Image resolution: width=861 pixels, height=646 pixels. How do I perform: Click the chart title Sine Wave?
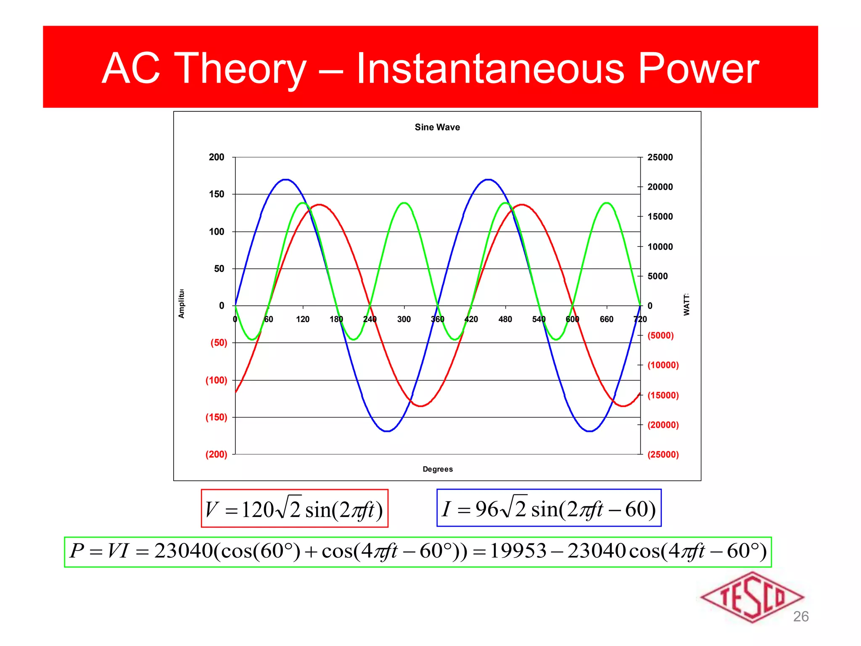pyautogui.click(x=437, y=127)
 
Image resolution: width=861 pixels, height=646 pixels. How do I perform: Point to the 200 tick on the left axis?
pyautogui.click(x=217, y=157)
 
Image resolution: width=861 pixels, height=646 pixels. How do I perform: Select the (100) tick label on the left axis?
pyautogui.click(x=216, y=380)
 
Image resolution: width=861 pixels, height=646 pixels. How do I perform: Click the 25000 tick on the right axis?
pyautogui.click(x=660, y=157)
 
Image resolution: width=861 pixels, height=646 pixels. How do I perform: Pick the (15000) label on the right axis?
pyautogui.click(x=663, y=395)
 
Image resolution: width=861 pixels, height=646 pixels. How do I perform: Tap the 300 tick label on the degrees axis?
pyautogui.click(x=404, y=319)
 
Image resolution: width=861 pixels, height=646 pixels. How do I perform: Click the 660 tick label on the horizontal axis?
pyautogui.click(x=606, y=319)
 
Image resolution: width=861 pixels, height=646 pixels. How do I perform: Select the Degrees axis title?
pyautogui.click(x=438, y=469)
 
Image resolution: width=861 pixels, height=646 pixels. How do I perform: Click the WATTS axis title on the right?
pyautogui.click(x=686, y=304)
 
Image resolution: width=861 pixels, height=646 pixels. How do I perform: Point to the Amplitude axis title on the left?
pyautogui.click(x=181, y=303)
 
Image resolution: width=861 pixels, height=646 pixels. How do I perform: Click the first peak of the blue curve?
pyautogui.click(x=286, y=180)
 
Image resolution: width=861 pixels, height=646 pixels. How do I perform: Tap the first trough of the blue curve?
pyautogui.click(x=387, y=431)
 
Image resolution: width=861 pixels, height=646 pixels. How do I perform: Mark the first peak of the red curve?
pyautogui.click(x=320, y=205)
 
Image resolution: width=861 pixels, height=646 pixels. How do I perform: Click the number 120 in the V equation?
pyautogui.click(x=258, y=510)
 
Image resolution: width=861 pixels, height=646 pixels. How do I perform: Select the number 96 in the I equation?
pyautogui.click(x=486, y=509)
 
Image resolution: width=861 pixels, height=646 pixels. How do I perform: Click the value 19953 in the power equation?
pyautogui.click(x=518, y=551)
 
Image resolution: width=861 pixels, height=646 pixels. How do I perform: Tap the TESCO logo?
pyautogui.click(x=752, y=597)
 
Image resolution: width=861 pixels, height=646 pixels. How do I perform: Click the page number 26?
pyautogui.click(x=800, y=616)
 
